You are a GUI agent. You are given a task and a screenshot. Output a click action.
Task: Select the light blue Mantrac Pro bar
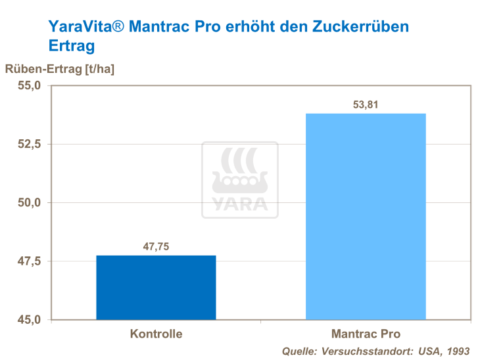(x=366, y=216)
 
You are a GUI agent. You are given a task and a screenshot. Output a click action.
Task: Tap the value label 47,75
(x=156, y=247)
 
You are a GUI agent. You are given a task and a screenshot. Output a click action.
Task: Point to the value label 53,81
(x=366, y=105)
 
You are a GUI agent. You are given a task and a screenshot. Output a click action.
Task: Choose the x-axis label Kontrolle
(x=156, y=334)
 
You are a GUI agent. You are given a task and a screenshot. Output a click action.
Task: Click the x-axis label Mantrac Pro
(x=366, y=334)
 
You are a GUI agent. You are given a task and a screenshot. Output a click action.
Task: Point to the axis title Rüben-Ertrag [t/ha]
(x=60, y=69)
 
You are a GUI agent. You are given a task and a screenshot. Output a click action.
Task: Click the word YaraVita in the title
(x=83, y=27)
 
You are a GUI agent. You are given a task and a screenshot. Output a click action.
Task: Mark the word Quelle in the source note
(x=299, y=351)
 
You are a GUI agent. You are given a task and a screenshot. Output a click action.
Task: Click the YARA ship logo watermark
(x=240, y=179)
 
